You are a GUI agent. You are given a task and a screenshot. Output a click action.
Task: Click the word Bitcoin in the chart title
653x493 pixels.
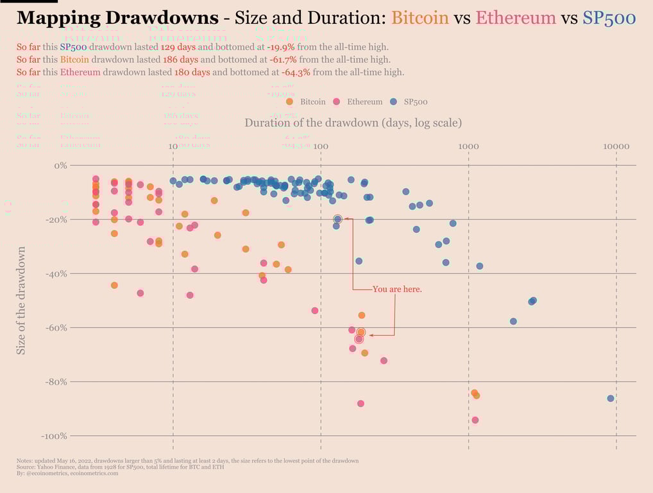[420, 17]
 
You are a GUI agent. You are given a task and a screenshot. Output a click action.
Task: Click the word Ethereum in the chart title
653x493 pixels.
[515, 17]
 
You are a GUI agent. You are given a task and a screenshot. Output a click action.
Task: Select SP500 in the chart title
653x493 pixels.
[609, 17]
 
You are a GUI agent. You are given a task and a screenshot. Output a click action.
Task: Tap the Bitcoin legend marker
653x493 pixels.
[289, 101]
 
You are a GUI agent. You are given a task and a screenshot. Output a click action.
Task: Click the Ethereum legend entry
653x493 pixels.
[364, 101]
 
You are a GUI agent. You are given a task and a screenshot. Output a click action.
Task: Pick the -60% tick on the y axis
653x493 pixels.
[55, 328]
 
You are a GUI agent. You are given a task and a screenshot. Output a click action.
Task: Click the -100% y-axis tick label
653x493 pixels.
[53, 437]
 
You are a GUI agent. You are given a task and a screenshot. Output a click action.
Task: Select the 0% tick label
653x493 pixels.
[60, 166]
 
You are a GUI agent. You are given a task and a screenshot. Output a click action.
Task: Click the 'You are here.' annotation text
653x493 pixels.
[397, 290]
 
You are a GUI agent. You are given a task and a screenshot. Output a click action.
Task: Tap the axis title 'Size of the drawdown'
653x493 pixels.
[22, 300]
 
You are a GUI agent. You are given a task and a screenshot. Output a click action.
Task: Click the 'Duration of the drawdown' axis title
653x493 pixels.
[353, 123]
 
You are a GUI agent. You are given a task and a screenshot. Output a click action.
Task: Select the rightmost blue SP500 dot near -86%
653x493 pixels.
[610, 399]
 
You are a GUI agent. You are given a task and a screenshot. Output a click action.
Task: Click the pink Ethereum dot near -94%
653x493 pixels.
[475, 420]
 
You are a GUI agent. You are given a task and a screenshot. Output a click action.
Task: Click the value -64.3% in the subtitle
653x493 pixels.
[296, 72]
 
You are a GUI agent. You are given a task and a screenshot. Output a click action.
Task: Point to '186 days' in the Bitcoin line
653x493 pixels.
[180, 60]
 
